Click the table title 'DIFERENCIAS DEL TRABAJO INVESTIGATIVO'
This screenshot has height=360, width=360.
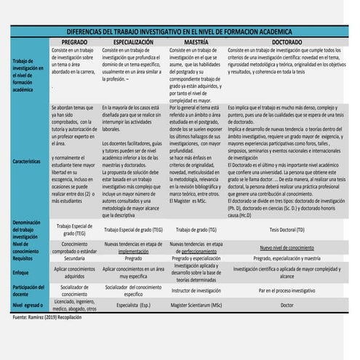pyautogui.click(x=180, y=32)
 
